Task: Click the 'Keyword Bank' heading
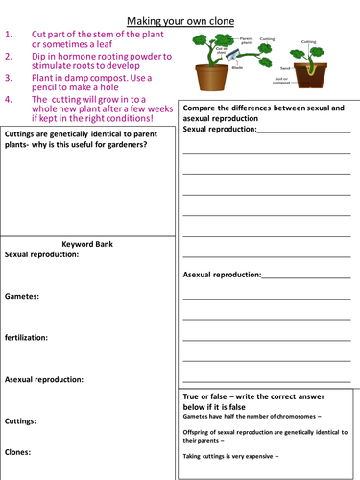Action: tap(87, 245)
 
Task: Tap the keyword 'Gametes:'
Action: tap(22, 297)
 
